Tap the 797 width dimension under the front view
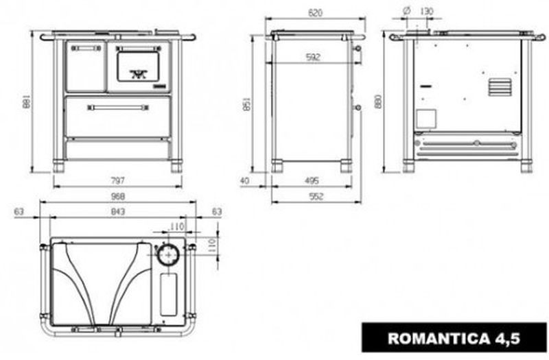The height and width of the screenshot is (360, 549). (117, 181)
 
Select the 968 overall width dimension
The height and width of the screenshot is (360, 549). (117, 196)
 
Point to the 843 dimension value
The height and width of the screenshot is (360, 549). (117, 212)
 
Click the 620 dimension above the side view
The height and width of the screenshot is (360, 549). (315, 13)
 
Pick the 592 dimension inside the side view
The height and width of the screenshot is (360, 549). (313, 57)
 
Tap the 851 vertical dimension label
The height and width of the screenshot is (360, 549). (246, 104)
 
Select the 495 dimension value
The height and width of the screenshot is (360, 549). (312, 181)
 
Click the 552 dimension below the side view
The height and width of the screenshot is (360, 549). (316, 196)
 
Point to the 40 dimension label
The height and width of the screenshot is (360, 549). (245, 181)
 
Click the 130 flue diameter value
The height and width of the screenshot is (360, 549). (426, 12)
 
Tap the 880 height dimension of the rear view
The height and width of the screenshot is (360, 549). (378, 101)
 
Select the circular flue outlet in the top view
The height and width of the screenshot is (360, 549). (168, 255)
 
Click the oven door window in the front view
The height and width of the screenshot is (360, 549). (137, 66)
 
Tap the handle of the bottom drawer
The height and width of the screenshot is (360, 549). (118, 108)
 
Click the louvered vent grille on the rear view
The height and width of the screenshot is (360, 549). (500, 87)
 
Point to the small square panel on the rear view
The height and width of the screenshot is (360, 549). (426, 119)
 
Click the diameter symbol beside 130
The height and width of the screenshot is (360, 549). (406, 11)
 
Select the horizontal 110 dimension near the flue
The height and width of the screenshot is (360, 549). (176, 227)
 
